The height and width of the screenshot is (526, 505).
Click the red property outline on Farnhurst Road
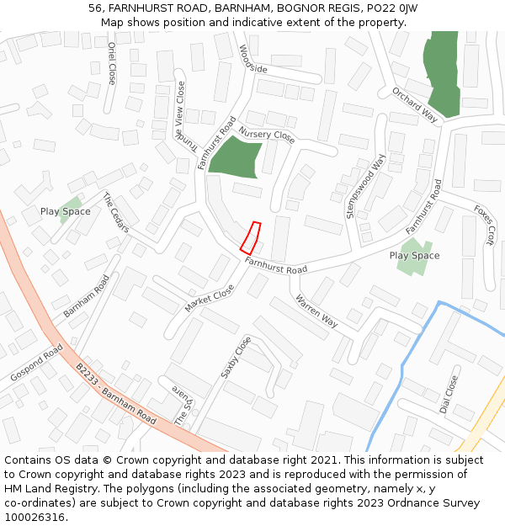[250, 237]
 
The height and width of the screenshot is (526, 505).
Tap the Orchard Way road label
[415, 104]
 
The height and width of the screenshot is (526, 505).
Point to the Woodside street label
[252, 58]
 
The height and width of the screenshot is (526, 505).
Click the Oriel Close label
[111, 63]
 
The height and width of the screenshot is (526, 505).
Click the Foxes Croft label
[484, 225]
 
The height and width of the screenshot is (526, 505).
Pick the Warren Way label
[316, 311]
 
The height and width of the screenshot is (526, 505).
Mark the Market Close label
[210, 298]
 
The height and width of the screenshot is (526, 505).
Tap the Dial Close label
[449, 395]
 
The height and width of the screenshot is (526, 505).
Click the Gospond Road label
[37, 362]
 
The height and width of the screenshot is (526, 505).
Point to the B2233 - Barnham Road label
[116, 393]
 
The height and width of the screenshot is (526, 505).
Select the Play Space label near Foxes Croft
[414, 256]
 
